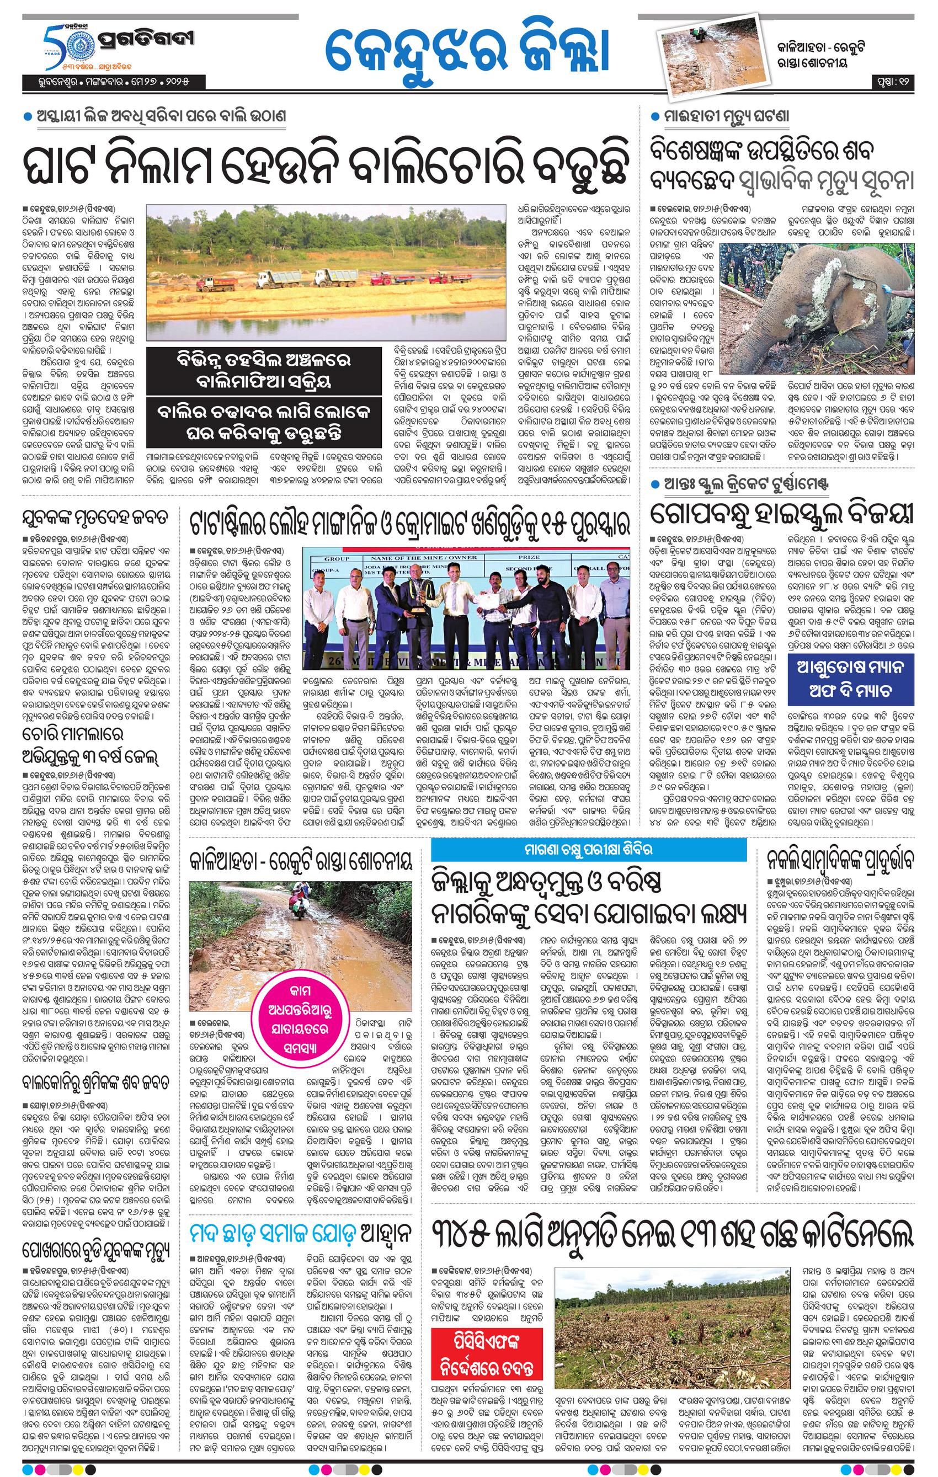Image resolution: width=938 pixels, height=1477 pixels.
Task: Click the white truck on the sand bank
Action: coord(276,279)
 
